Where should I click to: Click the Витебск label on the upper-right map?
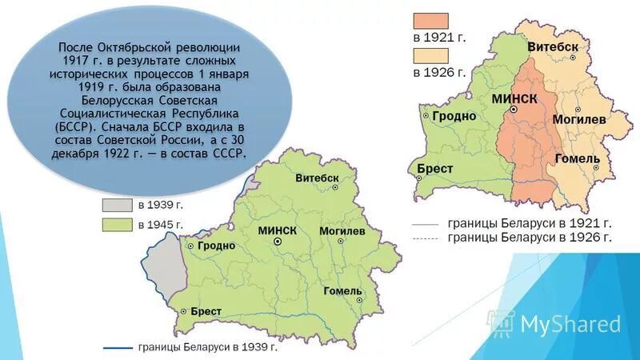point(553,47)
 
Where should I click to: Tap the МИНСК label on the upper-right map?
point(513,98)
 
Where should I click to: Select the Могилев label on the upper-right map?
point(579,119)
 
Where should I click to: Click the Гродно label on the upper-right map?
point(454,116)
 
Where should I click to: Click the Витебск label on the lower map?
point(318,177)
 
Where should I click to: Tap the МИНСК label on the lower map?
point(278,230)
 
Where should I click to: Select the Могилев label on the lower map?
point(342,230)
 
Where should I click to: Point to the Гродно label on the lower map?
point(217,246)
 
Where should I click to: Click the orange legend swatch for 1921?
point(430,21)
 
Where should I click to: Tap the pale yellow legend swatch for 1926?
point(430,55)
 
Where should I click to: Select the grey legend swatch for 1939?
point(117,206)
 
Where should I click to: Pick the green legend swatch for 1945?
point(117,225)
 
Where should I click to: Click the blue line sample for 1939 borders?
point(118,348)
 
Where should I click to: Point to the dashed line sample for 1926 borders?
point(425,239)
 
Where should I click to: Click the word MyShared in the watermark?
point(570,323)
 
